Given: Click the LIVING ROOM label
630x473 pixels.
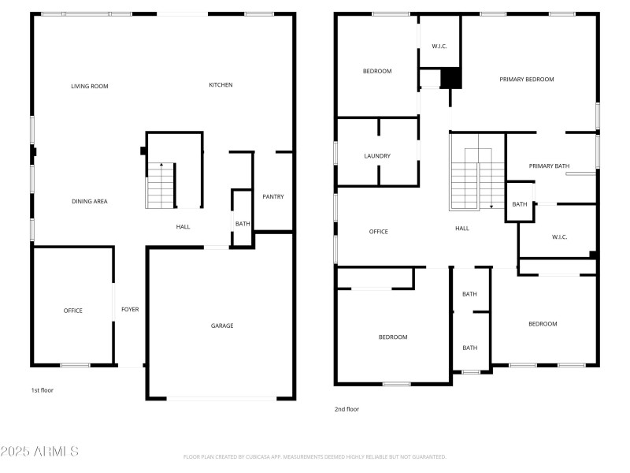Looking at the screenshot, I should click(x=89, y=86).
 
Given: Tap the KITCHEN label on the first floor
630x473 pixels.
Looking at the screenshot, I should click(x=220, y=85).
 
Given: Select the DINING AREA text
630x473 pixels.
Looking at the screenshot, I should click(x=89, y=202).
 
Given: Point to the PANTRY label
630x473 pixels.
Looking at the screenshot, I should click(x=273, y=197).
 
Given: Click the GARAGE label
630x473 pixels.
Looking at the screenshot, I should click(x=221, y=326).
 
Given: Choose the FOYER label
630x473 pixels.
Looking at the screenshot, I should click(x=130, y=310).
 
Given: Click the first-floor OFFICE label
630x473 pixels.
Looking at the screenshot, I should click(x=72, y=311).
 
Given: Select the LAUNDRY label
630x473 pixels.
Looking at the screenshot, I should click(x=377, y=156).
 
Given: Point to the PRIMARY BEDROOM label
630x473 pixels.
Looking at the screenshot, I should click(x=527, y=80).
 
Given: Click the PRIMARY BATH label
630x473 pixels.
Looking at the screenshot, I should click(x=549, y=166).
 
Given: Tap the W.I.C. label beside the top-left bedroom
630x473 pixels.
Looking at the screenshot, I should click(x=439, y=47).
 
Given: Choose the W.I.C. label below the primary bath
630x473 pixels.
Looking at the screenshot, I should click(x=559, y=237).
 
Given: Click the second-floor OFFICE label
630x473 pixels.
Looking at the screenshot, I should click(x=379, y=232).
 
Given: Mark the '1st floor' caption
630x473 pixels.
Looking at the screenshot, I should click(x=42, y=390).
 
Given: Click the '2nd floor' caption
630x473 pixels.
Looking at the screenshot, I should click(x=346, y=409).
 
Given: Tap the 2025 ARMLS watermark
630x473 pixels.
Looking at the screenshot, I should click(x=39, y=452).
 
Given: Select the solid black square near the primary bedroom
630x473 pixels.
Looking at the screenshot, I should click(x=450, y=77).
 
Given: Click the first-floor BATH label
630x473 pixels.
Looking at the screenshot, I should click(x=243, y=224).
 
